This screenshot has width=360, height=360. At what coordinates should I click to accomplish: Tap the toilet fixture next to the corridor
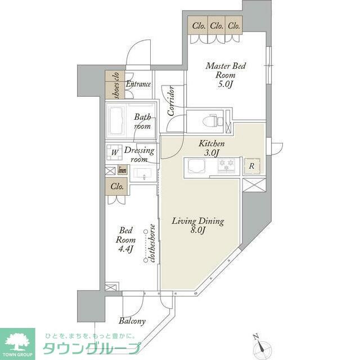click(213, 120)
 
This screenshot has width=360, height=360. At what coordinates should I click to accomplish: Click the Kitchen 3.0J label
click(211, 148)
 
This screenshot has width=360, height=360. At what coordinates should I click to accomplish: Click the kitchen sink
click(199, 166)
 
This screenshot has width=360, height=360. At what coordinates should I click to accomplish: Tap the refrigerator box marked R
click(251, 166)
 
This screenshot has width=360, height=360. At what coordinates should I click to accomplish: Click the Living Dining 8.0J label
click(197, 226)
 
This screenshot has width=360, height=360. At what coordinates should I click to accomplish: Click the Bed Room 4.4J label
click(124, 240)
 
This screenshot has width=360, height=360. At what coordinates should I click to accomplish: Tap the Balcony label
click(132, 321)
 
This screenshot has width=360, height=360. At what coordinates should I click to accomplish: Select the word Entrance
click(138, 84)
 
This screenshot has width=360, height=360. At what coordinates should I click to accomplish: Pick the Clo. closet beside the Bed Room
click(117, 186)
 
